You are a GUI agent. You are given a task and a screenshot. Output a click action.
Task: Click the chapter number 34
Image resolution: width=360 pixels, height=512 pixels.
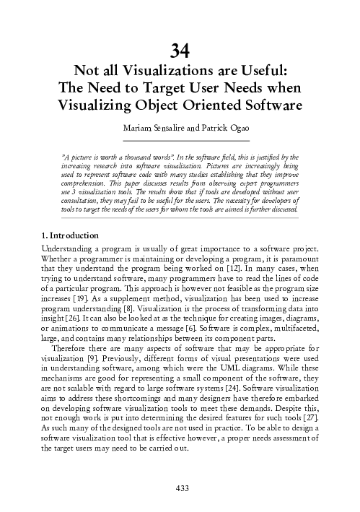tap(180, 51)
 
